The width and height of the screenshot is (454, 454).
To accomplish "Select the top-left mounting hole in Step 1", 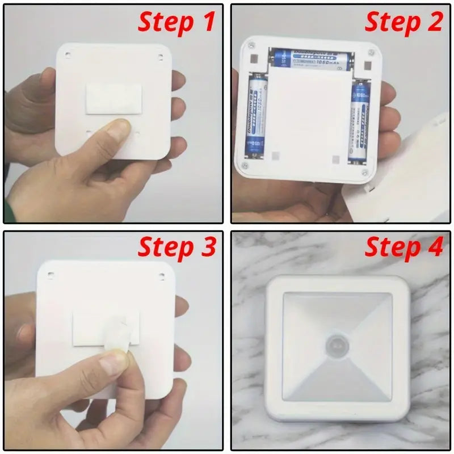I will [68, 54].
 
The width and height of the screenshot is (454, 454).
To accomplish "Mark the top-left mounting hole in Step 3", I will [51, 276].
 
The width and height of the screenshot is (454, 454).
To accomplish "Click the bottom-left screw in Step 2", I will [245, 165].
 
